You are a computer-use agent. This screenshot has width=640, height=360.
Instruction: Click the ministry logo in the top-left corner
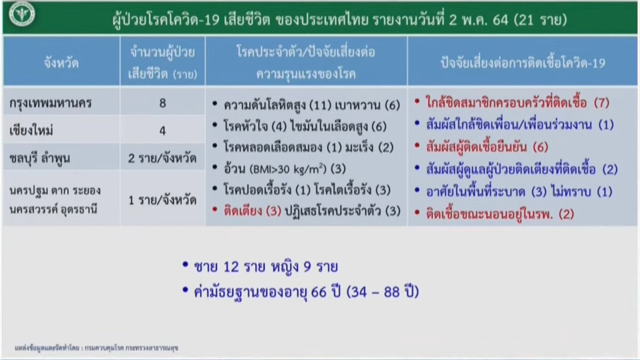pyautogui.click(x=22, y=14)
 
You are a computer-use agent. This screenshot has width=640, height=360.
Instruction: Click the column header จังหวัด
pyautogui.click(x=61, y=63)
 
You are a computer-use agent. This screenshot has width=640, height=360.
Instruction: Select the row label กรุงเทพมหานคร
pyautogui.click(x=50, y=103)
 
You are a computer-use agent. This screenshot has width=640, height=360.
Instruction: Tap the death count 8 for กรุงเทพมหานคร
pyautogui.click(x=162, y=103)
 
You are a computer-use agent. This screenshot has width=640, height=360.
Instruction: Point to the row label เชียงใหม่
pyautogui.click(x=32, y=130)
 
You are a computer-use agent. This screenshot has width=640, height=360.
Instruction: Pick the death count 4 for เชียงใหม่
pyautogui.click(x=162, y=130)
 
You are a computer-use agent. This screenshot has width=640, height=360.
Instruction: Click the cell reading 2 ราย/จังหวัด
pyautogui.click(x=162, y=158)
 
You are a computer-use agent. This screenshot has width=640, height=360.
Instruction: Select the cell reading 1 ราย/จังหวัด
pyautogui.click(x=162, y=200)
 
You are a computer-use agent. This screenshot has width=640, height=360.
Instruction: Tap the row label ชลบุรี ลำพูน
pyautogui.click(x=39, y=158)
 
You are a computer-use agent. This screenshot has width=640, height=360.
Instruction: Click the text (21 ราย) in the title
pyautogui.click(x=541, y=20)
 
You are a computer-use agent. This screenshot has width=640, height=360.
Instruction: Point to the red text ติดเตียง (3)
pyautogui.click(x=252, y=211)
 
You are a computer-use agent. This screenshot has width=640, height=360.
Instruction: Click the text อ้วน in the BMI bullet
pyautogui.click(x=234, y=168)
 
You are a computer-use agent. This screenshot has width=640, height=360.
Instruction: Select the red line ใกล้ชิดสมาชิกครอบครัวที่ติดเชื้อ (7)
pyautogui.click(x=517, y=102)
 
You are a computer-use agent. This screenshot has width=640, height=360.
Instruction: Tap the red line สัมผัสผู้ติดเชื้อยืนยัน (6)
pyautogui.click(x=487, y=147)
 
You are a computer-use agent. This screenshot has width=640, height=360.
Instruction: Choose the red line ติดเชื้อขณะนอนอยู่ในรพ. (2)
pyautogui.click(x=500, y=214)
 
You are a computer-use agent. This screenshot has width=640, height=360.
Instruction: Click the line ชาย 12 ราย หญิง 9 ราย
pyautogui.click(x=266, y=267)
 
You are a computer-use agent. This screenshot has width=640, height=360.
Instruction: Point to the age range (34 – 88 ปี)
pyautogui.click(x=383, y=292)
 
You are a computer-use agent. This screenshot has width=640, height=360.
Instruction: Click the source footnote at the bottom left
pyautogui.click(x=97, y=348)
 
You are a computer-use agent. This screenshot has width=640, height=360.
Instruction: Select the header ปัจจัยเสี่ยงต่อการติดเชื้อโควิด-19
pyautogui.click(x=523, y=63)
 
